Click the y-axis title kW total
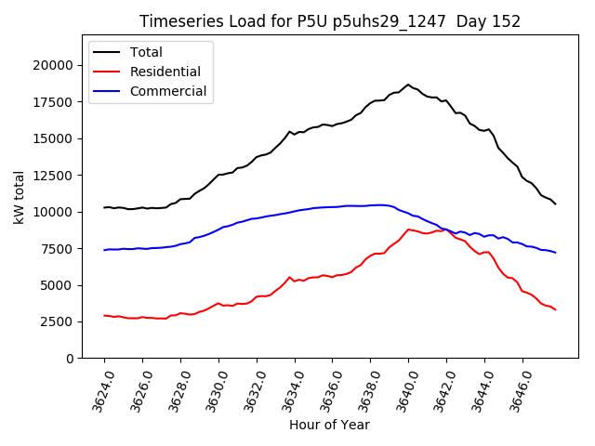tap(19, 197)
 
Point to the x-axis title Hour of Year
tap(329, 425)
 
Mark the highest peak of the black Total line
tap(408, 85)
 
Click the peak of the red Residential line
tap(408, 229)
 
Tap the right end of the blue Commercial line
tap(556, 253)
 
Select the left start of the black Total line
tap(104, 207)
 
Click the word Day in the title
tap(466, 21)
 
